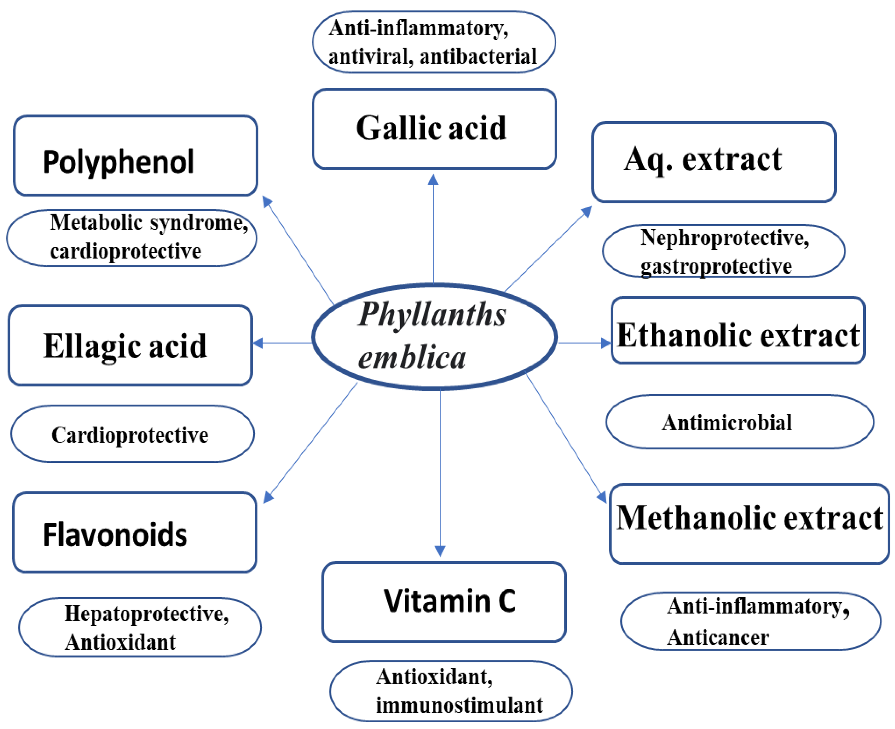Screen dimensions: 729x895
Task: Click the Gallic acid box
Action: click(x=434, y=128)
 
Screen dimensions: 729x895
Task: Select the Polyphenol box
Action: click(x=135, y=156)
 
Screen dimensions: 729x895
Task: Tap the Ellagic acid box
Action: click(x=130, y=345)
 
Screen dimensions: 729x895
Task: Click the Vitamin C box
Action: click(x=444, y=601)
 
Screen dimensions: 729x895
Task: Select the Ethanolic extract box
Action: click(x=738, y=330)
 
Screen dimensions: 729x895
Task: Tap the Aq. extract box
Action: click(x=714, y=162)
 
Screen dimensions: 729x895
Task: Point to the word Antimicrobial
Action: click(x=727, y=423)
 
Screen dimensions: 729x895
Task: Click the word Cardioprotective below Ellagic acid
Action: click(x=130, y=435)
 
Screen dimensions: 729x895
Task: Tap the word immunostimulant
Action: click(x=459, y=705)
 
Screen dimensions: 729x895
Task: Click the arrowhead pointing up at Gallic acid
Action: click(x=433, y=180)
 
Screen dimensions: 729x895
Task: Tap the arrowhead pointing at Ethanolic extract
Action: click(x=605, y=343)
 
